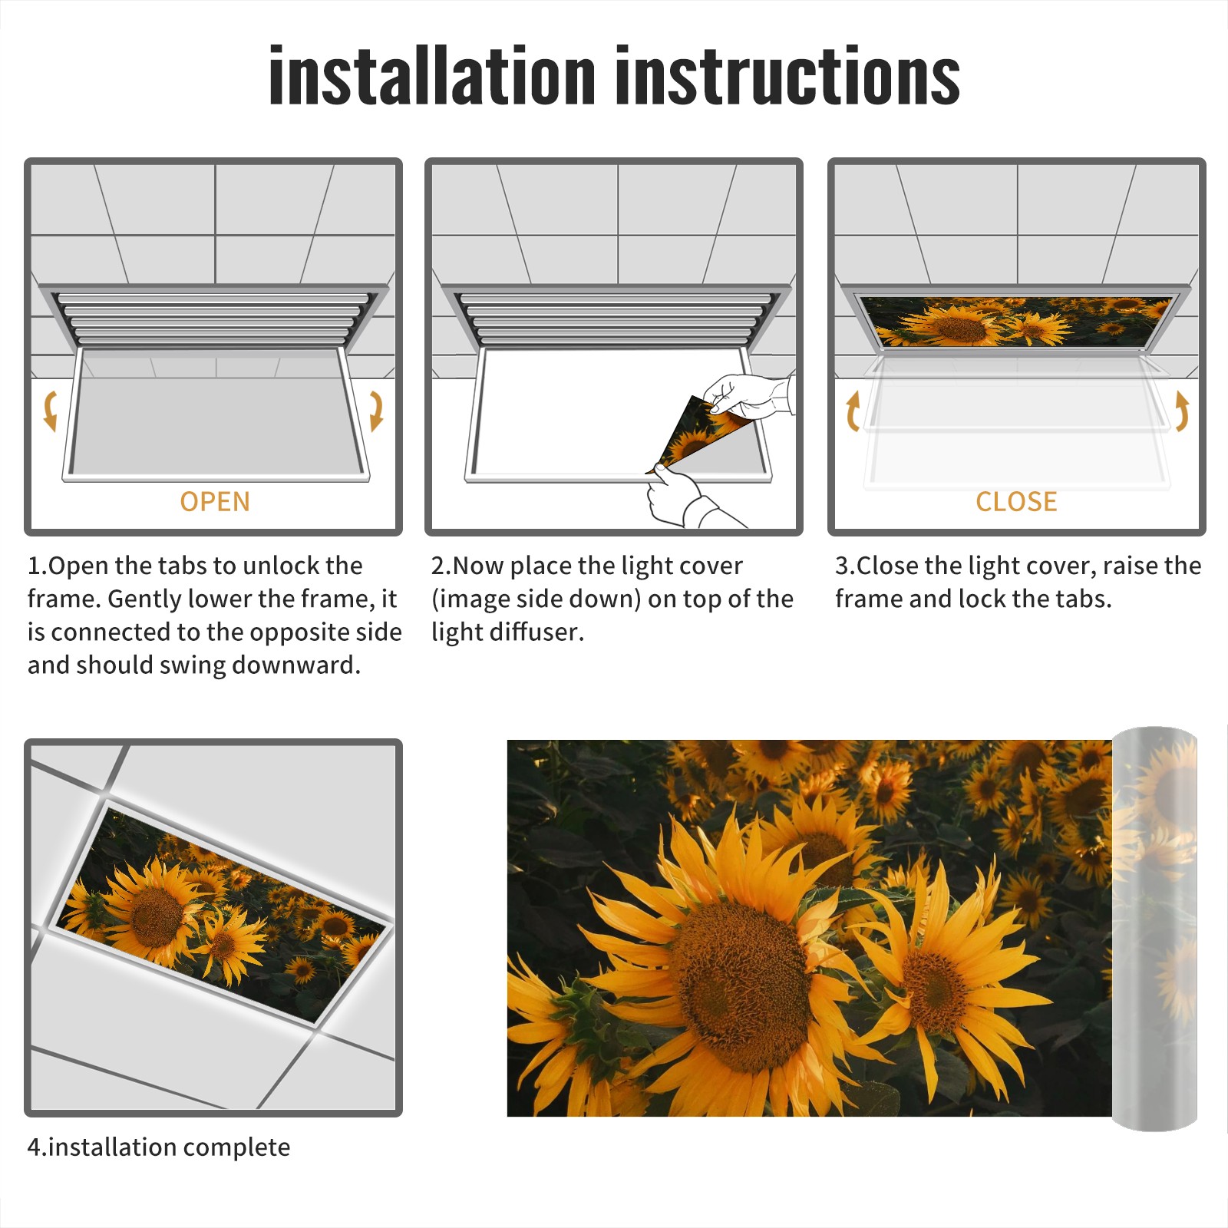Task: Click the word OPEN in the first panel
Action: click(x=215, y=502)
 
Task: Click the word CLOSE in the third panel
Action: click(x=1016, y=502)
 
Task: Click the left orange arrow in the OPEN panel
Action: click(x=49, y=411)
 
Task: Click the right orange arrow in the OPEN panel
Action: click(x=377, y=411)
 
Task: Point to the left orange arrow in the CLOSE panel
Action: click(x=852, y=411)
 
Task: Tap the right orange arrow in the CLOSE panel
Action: click(x=1182, y=411)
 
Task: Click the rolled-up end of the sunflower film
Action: click(x=1154, y=929)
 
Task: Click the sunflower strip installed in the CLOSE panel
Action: click(x=1016, y=321)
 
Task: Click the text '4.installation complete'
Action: click(x=159, y=1147)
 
